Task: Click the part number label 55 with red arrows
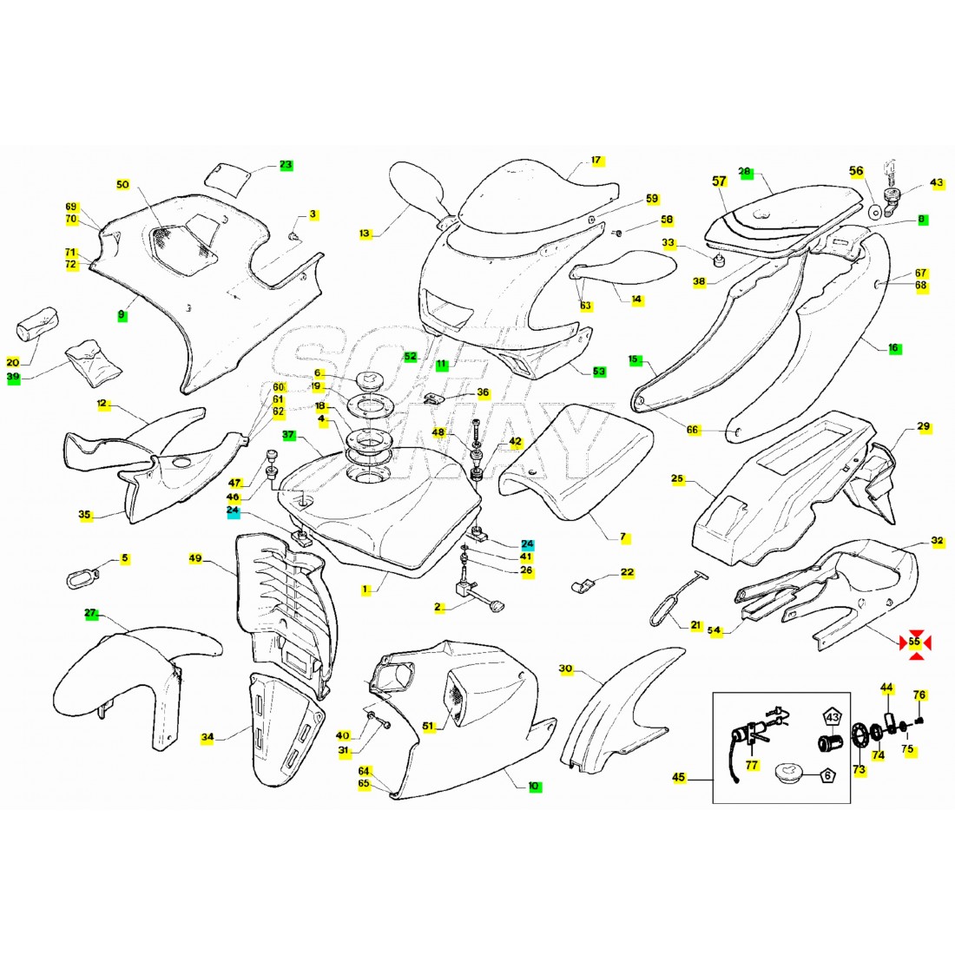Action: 915,642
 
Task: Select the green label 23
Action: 286,164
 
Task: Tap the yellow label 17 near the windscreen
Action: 596,161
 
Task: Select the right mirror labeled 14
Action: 624,267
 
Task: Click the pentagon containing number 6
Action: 827,775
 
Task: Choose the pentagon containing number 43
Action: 832,717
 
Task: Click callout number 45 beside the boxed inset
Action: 679,777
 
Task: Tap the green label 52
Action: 411,356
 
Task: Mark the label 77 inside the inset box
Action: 752,765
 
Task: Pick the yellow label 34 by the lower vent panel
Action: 207,737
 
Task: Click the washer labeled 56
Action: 874,212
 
